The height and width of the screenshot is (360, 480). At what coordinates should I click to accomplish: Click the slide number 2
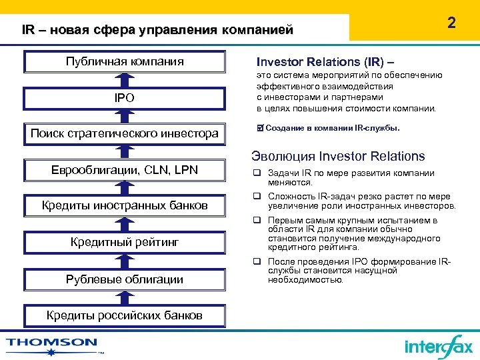(x=451, y=23)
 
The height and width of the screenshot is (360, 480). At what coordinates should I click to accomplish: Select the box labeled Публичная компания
(x=125, y=62)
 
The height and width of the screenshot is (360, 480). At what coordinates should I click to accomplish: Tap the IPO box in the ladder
(x=125, y=98)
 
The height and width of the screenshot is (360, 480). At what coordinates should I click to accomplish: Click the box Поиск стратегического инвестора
(x=125, y=133)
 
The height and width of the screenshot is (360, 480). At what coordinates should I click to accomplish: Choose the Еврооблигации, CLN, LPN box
(x=125, y=170)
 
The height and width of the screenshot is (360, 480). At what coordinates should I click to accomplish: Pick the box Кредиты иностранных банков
(x=125, y=205)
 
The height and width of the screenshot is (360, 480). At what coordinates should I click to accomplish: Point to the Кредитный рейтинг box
(x=125, y=242)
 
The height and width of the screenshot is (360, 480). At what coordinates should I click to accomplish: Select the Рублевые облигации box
(x=125, y=279)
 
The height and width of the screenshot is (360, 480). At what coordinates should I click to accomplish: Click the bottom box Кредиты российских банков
(x=125, y=315)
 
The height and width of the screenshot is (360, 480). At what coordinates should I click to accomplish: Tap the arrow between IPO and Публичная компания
(x=125, y=80)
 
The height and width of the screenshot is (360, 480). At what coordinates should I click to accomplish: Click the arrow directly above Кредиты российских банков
(x=125, y=297)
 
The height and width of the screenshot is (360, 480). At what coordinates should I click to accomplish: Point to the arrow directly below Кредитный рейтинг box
(x=125, y=261)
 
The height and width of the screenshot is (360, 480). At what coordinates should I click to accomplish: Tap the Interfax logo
(x=438, y=346)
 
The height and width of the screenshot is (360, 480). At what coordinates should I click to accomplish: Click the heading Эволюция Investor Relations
(x=338, y=157)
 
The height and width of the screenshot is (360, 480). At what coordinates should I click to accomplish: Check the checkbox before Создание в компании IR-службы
(x=261, y=127)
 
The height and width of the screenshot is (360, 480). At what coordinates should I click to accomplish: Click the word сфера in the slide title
(x=115, y=30)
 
